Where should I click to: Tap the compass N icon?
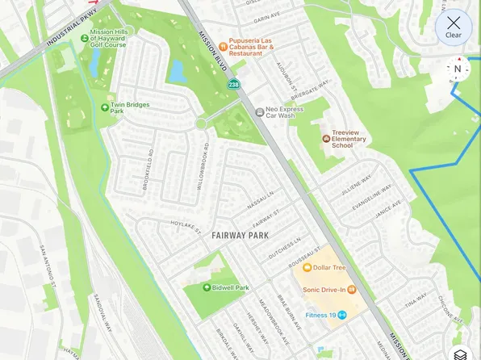pyautogui.click(x=458, y=69)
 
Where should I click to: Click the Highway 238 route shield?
pyautogui.click(x=233, y=84)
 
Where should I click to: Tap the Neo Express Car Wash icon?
pyautogui.click(x=259, y=112)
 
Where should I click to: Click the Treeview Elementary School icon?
pyautogui.click(x=325, y=138)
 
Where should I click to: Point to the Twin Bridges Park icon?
pyautogui.click(x=104, y=107)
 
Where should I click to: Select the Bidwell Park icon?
pyautogui.click(x=207, y=287)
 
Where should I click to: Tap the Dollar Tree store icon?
pyautogui.click(x=307, y=267)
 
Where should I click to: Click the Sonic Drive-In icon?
pyautogui.click(x=352, y=289)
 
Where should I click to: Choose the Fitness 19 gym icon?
pyautogui.click(x=342, y=315)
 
